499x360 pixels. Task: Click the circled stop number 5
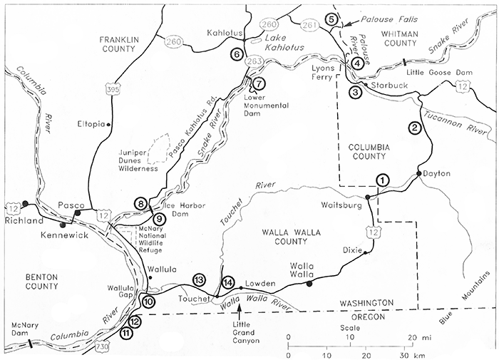[331, 19]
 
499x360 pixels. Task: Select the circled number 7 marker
[258, 83]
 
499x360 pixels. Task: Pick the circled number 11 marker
[127, 332]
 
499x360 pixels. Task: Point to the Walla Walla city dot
[309, 284]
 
